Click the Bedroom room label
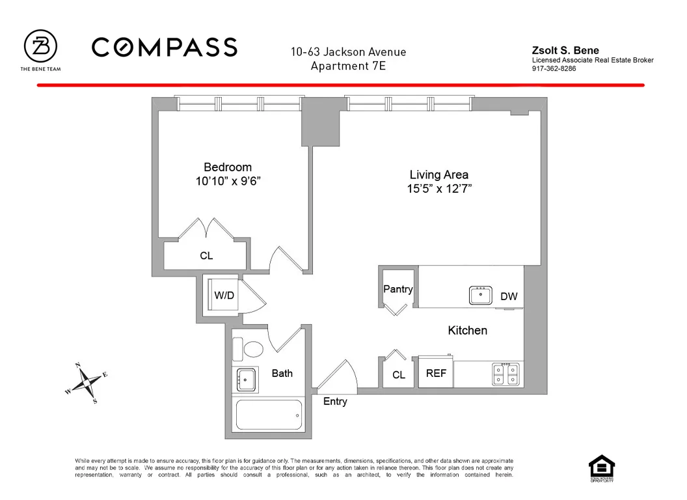(x=227, y=167)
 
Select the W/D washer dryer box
(x=223, y=296)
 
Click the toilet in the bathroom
(x=249, y=348)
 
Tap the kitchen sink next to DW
(x=481, y=295)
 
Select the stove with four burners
(x=506, y=374)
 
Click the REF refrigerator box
(x=436, y=374)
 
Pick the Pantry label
(x=397, y=288)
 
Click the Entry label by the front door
(x=335, y=402)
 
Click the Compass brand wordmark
(x=164, y=47)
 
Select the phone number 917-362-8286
(x=554, y=68)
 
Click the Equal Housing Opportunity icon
(x=601, y=468)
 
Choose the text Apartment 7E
(x=348, y=66)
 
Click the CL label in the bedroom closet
(x=206, y=256)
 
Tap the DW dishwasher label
(x=509, y=296)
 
